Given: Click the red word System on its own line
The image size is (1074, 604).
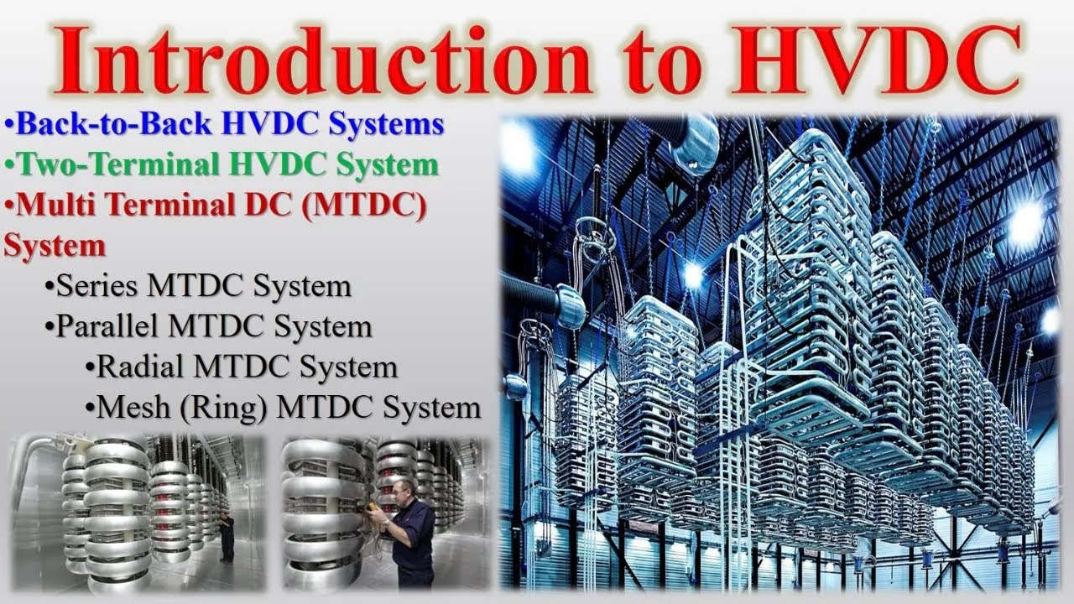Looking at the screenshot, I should (x=55, y=246).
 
